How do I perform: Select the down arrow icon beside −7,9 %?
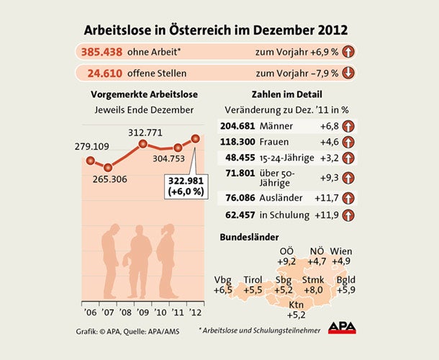tap(347, 73)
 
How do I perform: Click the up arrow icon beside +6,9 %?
tap(347, 53)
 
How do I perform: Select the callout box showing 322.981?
tap(186, 186)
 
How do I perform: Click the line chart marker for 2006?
tap(91, 161)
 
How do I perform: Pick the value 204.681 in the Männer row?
tap(240, 126)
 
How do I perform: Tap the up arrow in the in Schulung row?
tap(347, 215)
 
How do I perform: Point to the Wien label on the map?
tap(341, 251)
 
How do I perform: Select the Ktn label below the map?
tap(296, 305)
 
